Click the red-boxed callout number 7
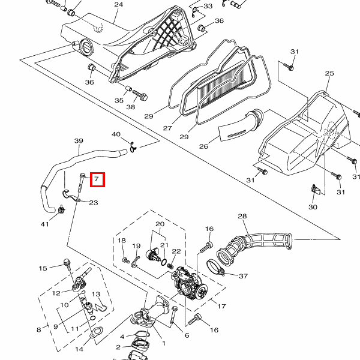[97, 179]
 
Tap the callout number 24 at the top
[118, 5]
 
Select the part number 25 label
[329, 73]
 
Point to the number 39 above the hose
[79, 141]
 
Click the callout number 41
[45, 224]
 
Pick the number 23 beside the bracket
[94, 203]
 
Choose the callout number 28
[242, 216]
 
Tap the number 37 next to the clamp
[244, 276]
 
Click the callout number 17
[221, 306]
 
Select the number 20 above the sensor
[160, 224]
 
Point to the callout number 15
[43, 268]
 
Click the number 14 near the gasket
[79, 349]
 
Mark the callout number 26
[203, 146]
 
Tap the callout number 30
[313, 207]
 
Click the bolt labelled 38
[140, 95]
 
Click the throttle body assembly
[189, 284]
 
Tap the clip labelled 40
[133, 148]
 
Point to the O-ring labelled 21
[164, 262]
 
